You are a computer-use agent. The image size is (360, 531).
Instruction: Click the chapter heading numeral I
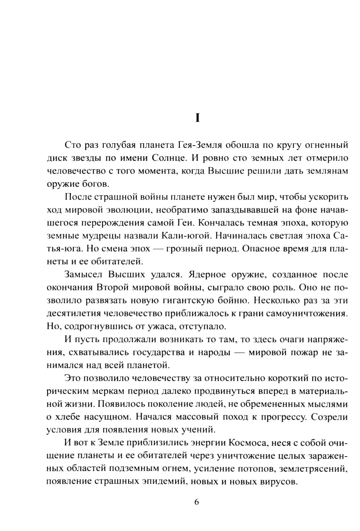(x=197, y=118)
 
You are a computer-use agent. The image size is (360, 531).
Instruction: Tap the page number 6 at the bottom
(x=197, y=502)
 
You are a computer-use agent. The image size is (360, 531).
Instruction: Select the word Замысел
(x=83, y=275)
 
